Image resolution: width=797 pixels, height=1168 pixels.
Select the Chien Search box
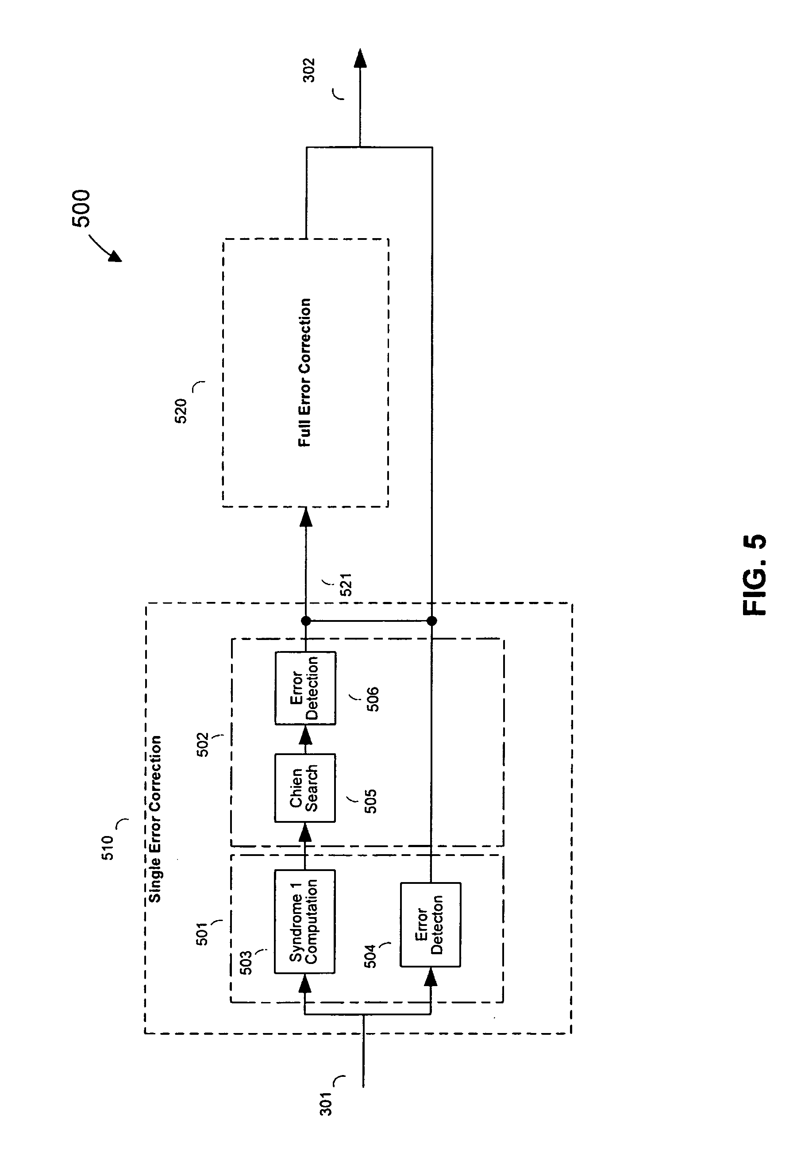[304, 787]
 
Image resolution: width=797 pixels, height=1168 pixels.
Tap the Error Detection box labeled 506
[305, 688]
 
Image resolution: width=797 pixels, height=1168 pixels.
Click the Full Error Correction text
[304, 372]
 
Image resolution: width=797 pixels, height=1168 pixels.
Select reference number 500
[81, 208]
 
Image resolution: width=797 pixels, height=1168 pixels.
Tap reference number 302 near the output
[308, 70]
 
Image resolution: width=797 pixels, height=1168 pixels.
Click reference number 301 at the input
[327, 1103]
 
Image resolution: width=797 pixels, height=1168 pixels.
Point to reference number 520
[181, 411]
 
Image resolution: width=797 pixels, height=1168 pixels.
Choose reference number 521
[346, 585]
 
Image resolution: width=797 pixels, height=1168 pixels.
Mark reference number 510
[108, 848]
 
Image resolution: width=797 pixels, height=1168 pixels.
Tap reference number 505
[370, 801]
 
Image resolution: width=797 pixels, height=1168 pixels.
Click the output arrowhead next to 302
[360, 58]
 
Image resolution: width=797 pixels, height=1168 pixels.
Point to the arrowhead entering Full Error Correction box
[305, 517]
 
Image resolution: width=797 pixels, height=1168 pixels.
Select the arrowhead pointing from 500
[116, 256]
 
